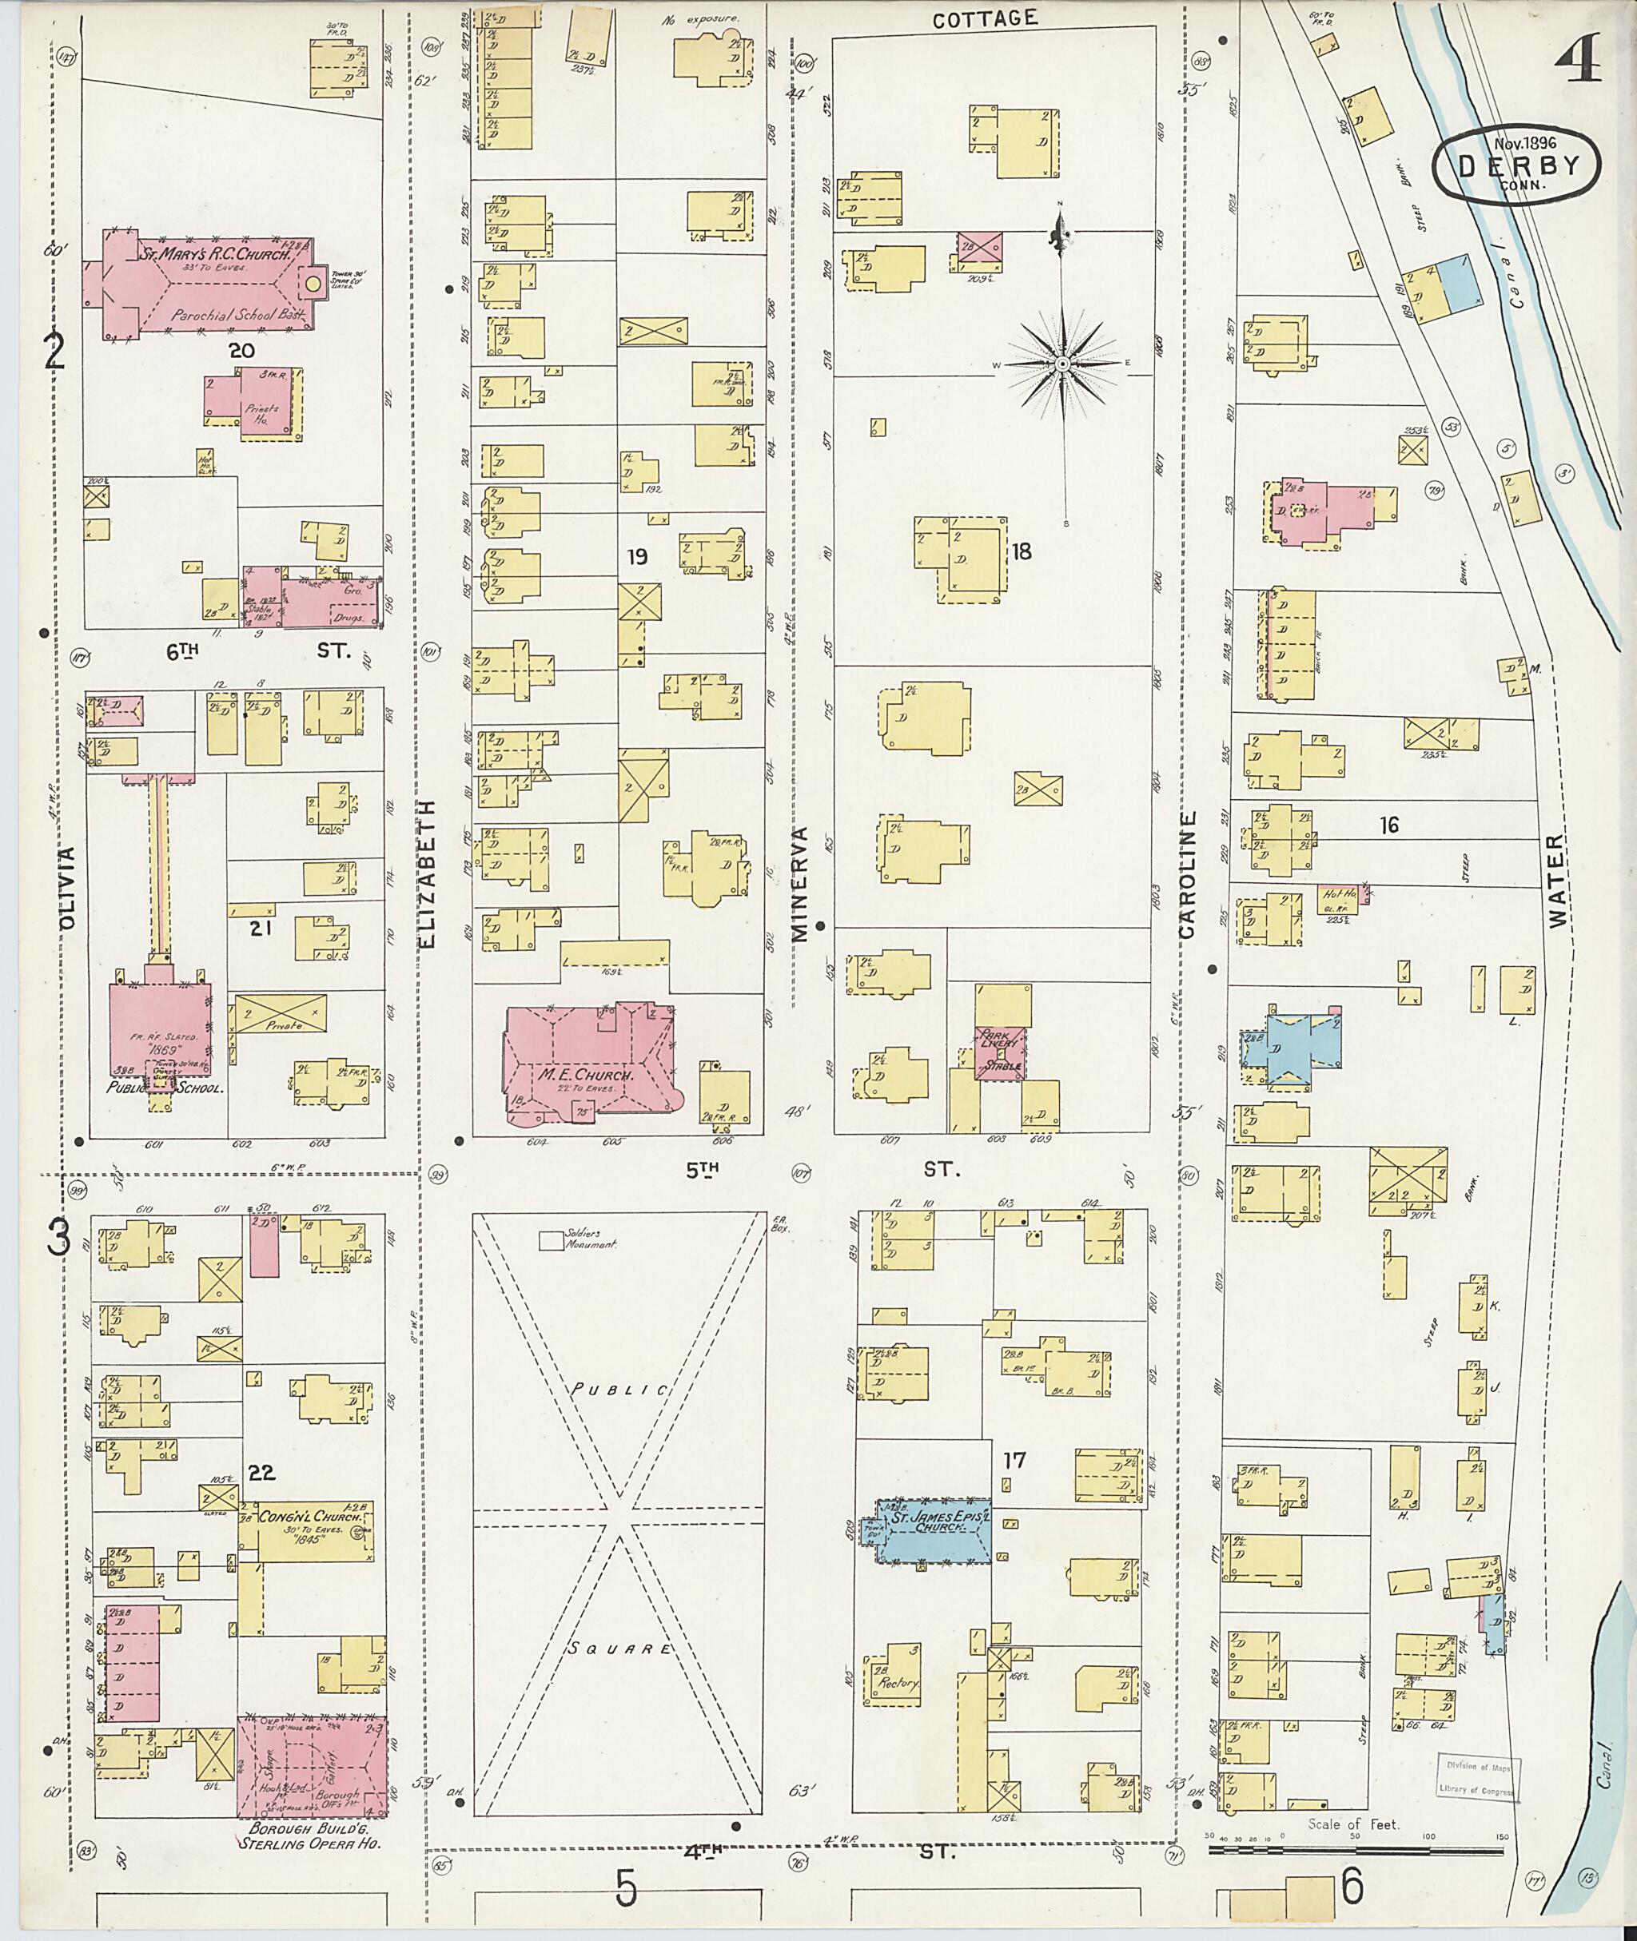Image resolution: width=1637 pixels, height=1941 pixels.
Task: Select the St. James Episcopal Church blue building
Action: pos(934,1529)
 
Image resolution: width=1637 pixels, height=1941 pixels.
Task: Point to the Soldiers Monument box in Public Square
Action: pos(553,1239)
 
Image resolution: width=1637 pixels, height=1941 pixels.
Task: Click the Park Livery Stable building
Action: pos(1001,1052)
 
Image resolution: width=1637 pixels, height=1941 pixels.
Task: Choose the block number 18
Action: pos(1021,551)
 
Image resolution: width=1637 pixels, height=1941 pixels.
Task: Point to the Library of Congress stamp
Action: pos(1477,1776)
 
